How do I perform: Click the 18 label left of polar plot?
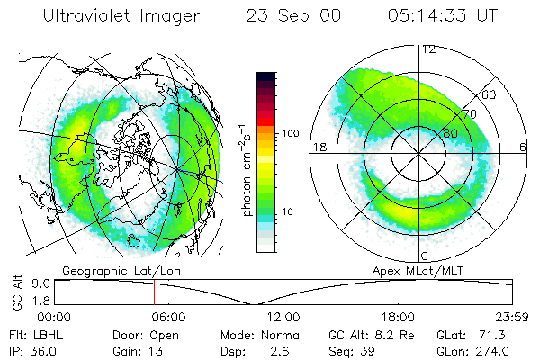[317, 147]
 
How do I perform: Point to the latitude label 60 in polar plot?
[490, 94]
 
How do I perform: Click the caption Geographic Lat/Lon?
[106, 270]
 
